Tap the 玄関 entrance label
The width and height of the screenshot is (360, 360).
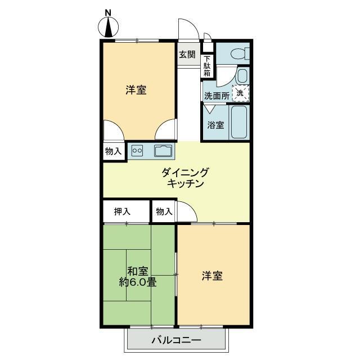187,55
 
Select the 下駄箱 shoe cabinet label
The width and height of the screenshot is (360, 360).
207,66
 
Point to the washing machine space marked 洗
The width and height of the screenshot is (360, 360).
240,93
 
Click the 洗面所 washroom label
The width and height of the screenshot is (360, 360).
217,96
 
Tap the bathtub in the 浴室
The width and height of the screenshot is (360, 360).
238,122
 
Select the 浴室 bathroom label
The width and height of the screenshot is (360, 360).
215,125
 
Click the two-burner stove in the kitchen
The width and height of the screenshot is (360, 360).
137,151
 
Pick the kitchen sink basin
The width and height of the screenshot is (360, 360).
163,151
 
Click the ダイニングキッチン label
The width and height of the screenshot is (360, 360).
185,178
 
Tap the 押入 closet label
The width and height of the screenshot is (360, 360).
122,211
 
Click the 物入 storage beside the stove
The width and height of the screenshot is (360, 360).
113,151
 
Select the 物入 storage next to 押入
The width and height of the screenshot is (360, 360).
164,211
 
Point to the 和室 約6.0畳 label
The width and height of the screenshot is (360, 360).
138,277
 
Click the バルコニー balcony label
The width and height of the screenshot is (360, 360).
176,340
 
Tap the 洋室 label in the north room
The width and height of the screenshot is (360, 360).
136,90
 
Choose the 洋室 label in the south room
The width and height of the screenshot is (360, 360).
212,276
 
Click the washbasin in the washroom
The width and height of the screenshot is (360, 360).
242,76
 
